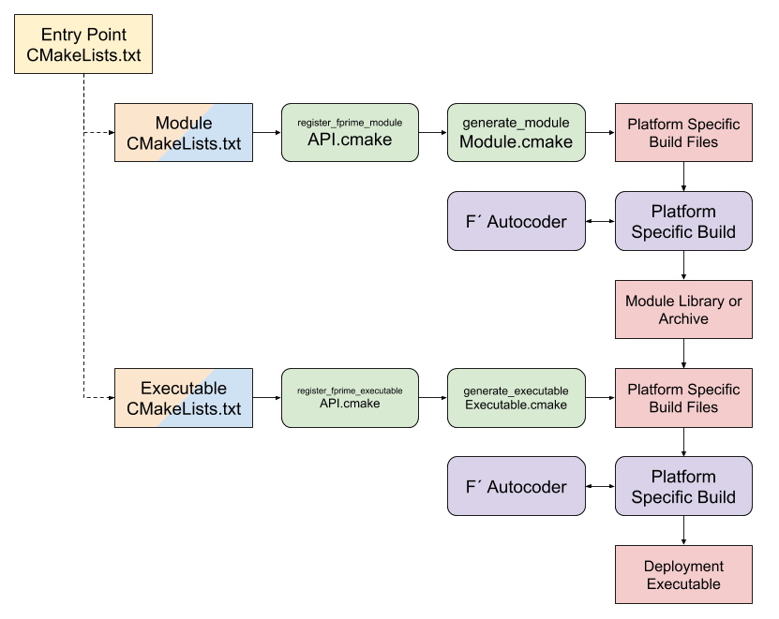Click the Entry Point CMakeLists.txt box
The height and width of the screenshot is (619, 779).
(x=83, y=45)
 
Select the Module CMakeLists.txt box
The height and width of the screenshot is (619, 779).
(x=184, y=133)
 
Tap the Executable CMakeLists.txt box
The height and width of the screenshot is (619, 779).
(x=184, y=398)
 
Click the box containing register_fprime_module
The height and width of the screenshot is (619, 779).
(x=350, y=133)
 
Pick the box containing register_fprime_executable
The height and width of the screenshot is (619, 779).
(x=350, y=397)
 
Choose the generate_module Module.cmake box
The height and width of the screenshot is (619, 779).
(x=516, y=133)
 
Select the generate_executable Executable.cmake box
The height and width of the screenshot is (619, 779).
(x=516, y=397)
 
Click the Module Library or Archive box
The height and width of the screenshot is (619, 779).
(x=683, y=310)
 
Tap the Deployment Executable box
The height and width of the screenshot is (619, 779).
(x=683, y=575)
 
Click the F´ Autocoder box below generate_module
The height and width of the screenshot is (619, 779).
(x=516, y=222)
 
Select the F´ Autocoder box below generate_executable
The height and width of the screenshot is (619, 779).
(x=516, y=487)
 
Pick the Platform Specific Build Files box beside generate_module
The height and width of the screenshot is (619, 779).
(x=683, y=133)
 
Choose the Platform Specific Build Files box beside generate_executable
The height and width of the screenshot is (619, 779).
(x=683, y=398)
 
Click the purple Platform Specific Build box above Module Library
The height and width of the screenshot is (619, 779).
(x=683, y=222)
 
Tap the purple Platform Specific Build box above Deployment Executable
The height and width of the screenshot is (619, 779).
(x=683, y=487)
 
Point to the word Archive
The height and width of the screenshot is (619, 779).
(x=683, y=319)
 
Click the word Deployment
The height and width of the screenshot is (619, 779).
(x=683, y=567)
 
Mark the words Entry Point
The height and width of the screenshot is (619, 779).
(x=83, y=35)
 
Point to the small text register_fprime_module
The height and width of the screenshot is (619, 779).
(x=350, y=123)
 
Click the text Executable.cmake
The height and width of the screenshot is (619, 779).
(x=516, y=405)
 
